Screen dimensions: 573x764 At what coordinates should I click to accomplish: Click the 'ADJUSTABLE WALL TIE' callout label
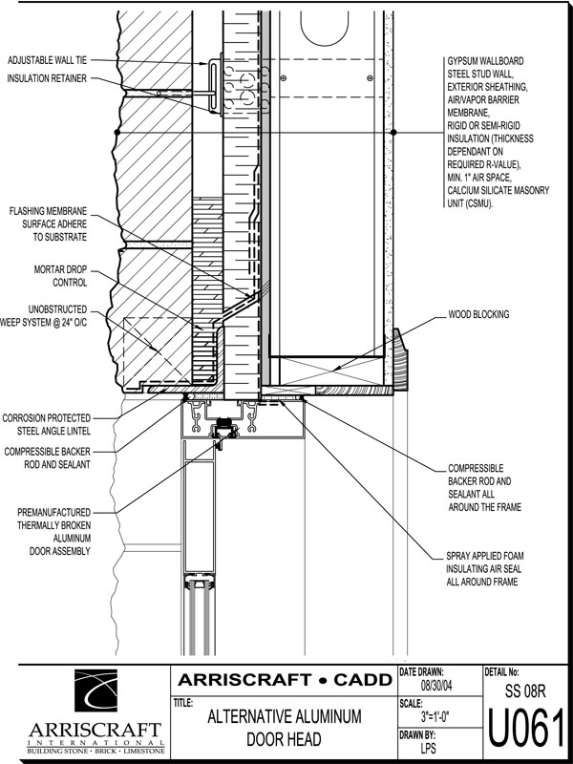(x=47, y=60)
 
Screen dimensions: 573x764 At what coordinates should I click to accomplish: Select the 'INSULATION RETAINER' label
(x=47, y=78)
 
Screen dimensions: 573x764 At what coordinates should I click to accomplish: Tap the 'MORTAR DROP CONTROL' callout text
(x=60, y=276)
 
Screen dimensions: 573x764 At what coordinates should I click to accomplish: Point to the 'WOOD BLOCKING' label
(x=478, y=315)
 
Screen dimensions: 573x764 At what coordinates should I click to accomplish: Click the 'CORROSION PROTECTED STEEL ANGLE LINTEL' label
(x=47, y=424)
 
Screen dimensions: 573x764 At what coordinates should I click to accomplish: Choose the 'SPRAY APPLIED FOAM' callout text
(x=485, y=556)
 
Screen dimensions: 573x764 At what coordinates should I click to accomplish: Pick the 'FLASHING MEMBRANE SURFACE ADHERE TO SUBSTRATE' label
(x=49, y=224)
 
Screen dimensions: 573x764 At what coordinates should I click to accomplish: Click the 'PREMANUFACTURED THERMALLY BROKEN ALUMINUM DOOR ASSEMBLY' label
(x=53, y=532)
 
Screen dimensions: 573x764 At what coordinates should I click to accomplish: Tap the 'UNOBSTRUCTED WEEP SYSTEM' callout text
(x=44, y=316)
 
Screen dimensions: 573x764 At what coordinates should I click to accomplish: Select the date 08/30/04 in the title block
(x=436, y=686)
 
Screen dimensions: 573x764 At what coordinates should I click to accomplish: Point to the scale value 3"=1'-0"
(x=436, y=717)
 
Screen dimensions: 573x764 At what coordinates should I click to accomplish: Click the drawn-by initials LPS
(x=429, y=748)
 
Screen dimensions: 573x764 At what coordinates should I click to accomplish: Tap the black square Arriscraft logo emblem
(x=95, y=690)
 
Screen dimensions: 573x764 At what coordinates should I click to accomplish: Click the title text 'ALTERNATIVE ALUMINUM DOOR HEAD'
(x=284, y=728)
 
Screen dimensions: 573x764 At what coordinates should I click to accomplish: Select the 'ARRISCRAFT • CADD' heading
(x=285, y=680)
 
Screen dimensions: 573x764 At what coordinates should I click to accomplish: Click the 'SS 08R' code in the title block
(x=526, y=690)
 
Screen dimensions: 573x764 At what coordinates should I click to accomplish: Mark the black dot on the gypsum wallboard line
(x=393, y=132)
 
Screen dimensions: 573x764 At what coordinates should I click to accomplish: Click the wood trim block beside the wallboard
(x=400, y=359)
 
